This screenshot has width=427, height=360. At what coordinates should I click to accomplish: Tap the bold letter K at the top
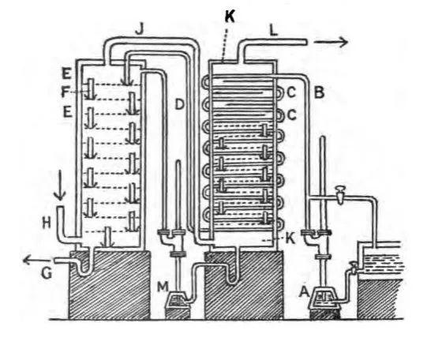click(x=230, y=17)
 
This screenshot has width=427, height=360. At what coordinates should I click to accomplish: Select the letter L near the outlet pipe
click(x=273, y=31)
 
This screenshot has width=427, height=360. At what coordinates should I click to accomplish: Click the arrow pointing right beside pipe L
click(x=331, y=42)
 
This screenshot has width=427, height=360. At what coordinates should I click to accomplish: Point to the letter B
click(x=319, y=92)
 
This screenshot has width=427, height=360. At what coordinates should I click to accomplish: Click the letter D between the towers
click(x=179, y=104)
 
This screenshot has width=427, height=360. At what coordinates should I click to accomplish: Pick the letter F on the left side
click(x=65, y=92)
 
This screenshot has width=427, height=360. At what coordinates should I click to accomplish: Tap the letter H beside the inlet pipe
click(x=47, y=223)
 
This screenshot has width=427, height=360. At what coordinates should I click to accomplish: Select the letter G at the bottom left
click(x=47, y=272)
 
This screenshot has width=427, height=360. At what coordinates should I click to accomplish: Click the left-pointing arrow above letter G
click(x=37, y=261)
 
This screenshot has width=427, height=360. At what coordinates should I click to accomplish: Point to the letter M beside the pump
click(x=163, y=287)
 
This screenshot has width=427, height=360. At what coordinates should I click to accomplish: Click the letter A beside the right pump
click(x=304, y=292)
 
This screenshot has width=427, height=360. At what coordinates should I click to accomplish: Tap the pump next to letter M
click(x=177, y=304)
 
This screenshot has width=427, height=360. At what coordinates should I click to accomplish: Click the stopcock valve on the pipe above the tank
click(x=341, y=195)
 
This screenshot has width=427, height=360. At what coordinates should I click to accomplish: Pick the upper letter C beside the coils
click(x=291, y=93)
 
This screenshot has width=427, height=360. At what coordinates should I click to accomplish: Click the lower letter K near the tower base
click(x=290, y=238)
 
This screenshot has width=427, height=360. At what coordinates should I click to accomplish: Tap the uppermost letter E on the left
click(x=66, y=73)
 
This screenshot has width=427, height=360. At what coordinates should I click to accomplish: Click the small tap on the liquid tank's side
click(x=353, y=267)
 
